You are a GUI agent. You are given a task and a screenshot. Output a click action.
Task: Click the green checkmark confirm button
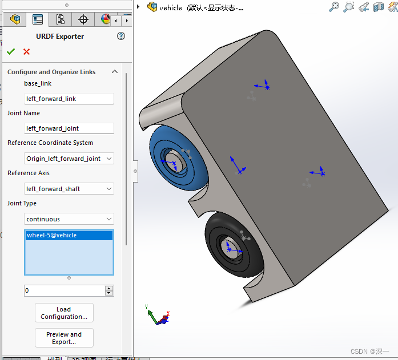pos(11,52)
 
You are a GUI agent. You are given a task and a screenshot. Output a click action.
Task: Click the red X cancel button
pos(26,52)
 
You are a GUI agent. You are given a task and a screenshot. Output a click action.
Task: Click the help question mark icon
pos(120,36)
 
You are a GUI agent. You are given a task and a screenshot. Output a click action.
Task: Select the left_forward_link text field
pos(69,99)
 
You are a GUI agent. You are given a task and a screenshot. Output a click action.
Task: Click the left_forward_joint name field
pos(69,128)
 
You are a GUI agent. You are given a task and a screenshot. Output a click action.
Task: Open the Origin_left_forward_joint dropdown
pos(69,159)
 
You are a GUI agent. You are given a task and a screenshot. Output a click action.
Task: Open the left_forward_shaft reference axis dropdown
pos(69,189)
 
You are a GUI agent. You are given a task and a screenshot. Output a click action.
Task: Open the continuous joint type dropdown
pos(69,219)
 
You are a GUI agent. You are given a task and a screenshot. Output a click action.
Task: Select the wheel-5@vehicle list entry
pos(69,235)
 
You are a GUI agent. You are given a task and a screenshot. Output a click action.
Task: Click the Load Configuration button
pos(64,313)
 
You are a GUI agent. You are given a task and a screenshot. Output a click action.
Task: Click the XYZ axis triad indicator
pos(157,317)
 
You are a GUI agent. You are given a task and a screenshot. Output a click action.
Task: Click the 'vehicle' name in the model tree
pos(171,7)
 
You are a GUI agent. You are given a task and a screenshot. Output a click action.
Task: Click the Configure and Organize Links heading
pos(51,72)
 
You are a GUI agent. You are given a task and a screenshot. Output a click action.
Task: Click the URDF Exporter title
pos(60,37)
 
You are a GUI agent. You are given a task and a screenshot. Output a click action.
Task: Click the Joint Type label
pos(22,203)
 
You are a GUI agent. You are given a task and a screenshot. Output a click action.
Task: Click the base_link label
pos(38,84)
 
